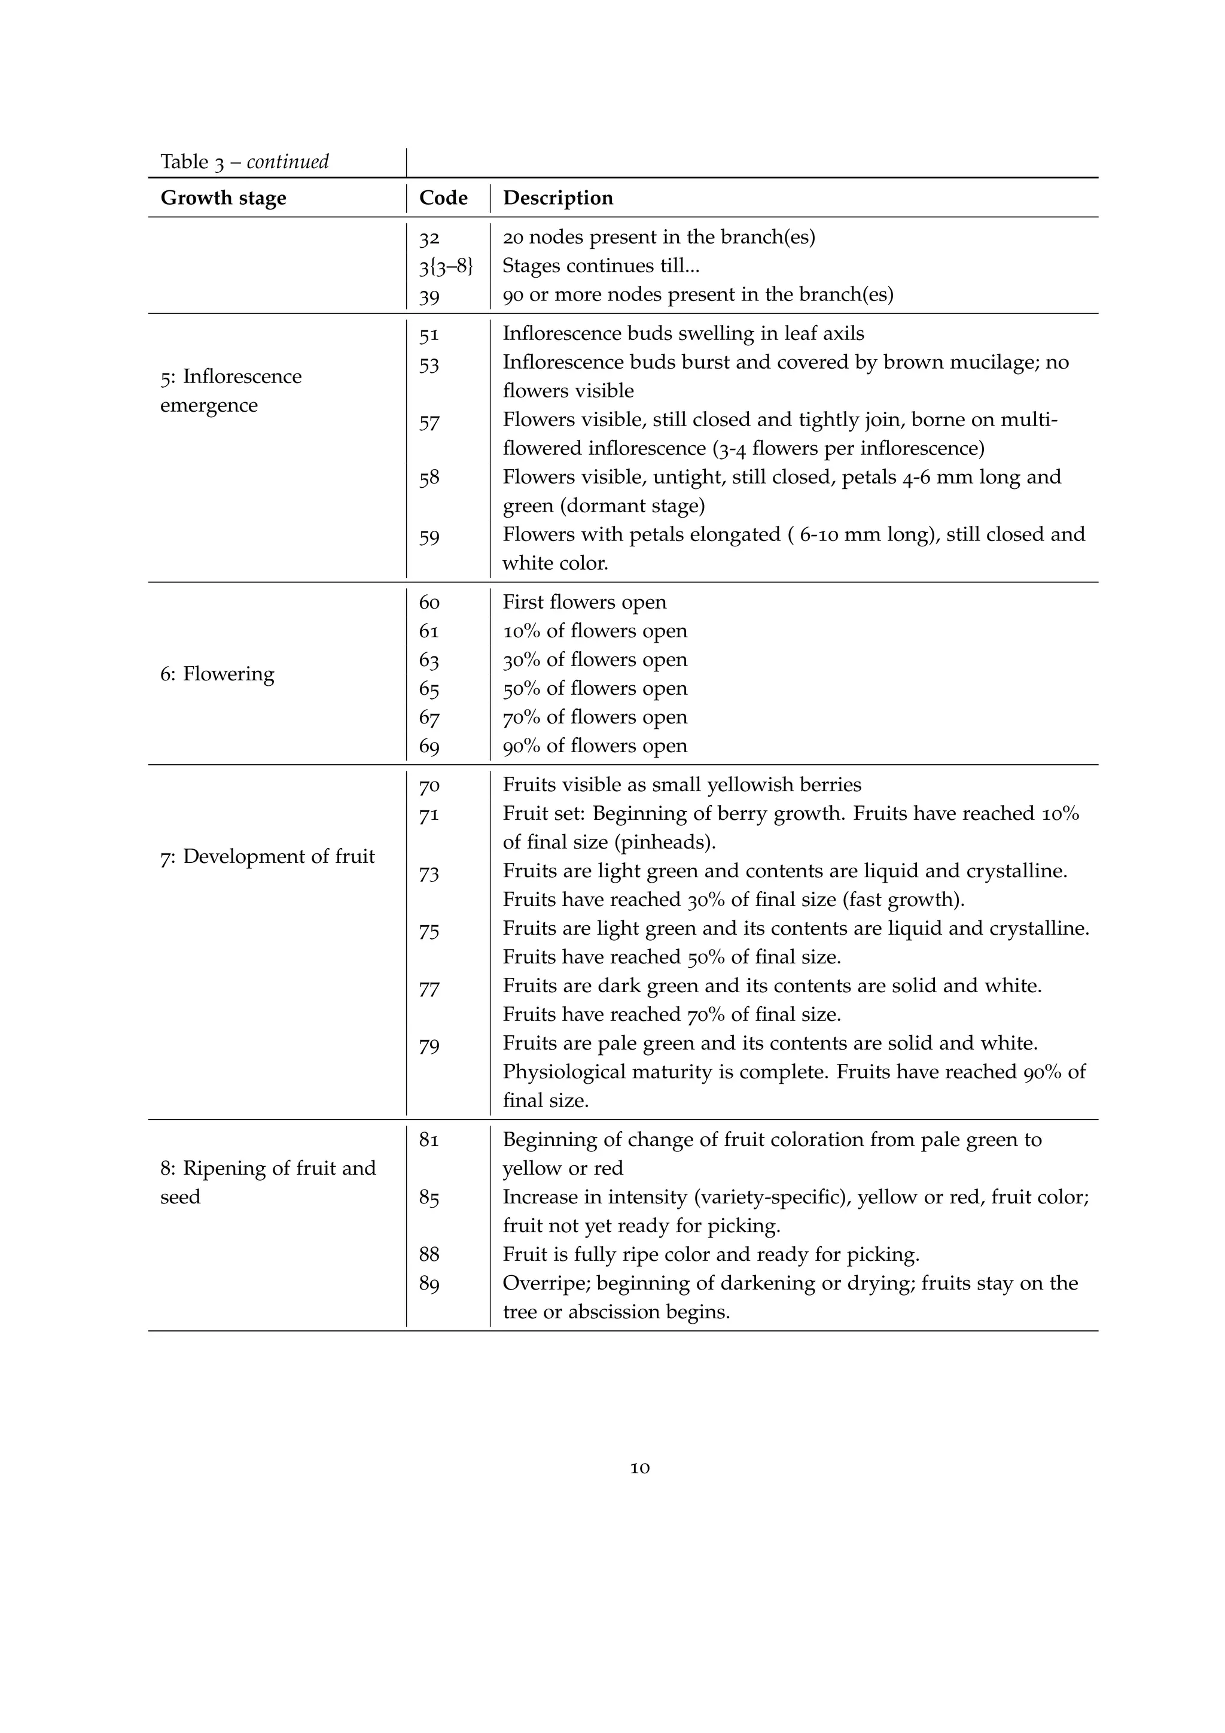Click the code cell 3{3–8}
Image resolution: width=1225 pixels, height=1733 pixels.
(446, 266)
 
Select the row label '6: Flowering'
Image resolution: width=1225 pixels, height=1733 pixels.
(217, 673)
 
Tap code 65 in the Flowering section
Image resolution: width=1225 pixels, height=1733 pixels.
(429, 688)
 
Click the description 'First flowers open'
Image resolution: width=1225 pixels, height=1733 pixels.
(584, 603)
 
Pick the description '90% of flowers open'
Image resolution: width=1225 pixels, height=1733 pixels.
(595, 746)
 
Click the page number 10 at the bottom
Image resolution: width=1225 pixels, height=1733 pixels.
(639, 1467)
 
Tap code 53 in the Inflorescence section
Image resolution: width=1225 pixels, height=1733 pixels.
(429, 364)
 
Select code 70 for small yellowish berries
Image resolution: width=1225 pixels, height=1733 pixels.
(429, 786)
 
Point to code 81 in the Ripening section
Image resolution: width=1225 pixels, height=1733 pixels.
(429, 1140)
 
